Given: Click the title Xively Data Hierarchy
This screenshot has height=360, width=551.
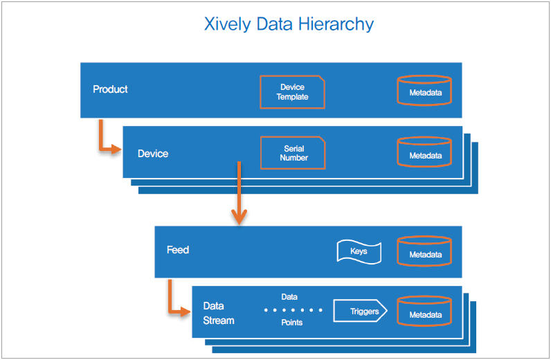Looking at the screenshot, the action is coord(289,25).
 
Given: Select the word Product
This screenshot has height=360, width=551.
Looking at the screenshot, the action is coord(110,89).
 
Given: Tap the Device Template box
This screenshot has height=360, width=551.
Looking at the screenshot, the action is coord(292,92).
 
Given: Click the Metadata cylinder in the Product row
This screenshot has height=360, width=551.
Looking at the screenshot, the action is coord(424,91).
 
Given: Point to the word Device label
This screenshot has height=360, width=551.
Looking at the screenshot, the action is coord(153,154).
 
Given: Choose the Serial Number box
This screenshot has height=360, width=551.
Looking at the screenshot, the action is coord(293,153).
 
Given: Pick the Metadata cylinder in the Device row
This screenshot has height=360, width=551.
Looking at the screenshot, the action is coord(424,152).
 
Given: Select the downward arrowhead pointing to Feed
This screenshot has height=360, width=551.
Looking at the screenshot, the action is coord(239,217).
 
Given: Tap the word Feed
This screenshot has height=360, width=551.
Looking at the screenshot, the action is coord(178,250).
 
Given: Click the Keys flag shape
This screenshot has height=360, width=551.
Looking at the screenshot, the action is coord(359,252).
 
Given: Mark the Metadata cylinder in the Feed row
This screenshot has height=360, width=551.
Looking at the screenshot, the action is coord(424,251).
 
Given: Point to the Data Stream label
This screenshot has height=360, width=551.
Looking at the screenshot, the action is coord(219,313).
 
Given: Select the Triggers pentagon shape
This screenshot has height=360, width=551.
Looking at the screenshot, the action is coord(360,311).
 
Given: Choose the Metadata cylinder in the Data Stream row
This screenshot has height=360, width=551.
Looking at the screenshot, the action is coord(424,311).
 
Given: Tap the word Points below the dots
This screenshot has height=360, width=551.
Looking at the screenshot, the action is coord(291,323).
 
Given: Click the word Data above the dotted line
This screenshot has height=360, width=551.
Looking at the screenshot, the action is coord(289,297).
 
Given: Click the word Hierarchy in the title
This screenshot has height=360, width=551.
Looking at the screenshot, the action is coord(336,25).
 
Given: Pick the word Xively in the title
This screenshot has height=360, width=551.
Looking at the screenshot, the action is coord(228,25).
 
